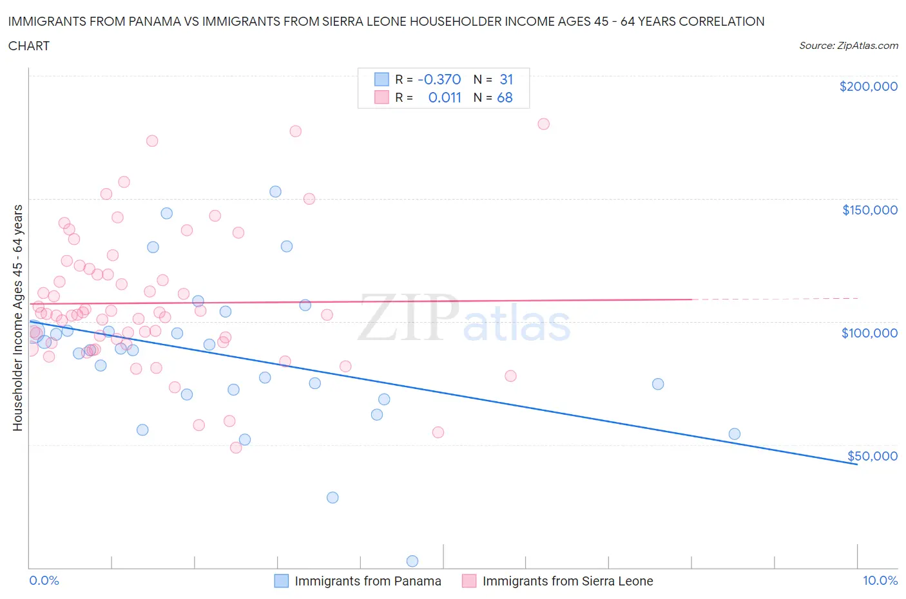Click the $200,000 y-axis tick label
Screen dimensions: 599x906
click(x=868, y=86)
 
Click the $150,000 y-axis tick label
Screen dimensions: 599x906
click(x=869, y=210)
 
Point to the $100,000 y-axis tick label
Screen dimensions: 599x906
click(x=869, y=333)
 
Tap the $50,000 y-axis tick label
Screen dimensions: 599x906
click(x=872, y=456)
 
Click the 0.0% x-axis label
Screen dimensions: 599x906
click(x=44, y=580)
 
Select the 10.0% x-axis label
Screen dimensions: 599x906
click(x=880, y=580)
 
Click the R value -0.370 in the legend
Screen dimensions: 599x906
click(x=439, y=79)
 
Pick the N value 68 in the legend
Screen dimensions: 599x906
click(x=505, y=98)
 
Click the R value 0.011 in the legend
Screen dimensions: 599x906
click(x=445, y=98)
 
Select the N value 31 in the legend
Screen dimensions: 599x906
click(x=506, y=79)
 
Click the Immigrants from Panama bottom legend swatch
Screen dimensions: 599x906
click(x=281, y=581)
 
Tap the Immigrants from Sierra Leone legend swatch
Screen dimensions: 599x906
click(x=469, y=581)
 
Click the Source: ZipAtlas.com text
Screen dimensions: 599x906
click(x=848, y=46)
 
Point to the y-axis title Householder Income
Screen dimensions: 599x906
click(x=17, y=318)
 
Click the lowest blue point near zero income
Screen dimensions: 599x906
click(x=412, y=561)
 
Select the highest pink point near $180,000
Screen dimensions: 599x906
click(x=543, y=124)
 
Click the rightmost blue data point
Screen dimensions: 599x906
click(x=734, y=433)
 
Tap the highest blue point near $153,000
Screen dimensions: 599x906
click(x=275, y=191)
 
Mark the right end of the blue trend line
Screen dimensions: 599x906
click(x=857, y=464)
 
